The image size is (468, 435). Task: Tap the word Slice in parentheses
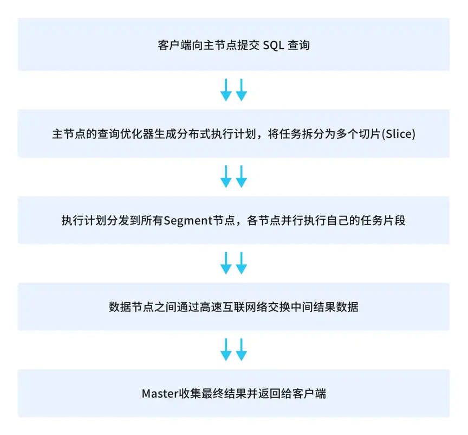[399, 133]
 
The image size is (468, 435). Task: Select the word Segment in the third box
[188, 221]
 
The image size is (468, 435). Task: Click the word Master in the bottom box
[160, 393]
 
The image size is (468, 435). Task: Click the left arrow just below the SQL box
[226, 89]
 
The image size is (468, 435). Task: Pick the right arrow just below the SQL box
[242, 89]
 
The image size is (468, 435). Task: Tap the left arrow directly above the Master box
[226, 349]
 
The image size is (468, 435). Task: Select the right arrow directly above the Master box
[242, 349]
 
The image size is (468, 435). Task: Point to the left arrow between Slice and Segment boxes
[226, 176]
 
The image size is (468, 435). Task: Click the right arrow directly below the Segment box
[242, 263]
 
